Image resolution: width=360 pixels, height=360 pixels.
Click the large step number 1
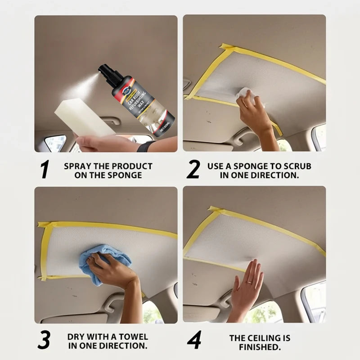pyautogui.click(x=44, y=170)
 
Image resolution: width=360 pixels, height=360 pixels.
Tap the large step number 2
pyautogui.click(x=193, y=170)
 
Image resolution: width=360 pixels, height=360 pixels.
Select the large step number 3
pyautogui.click(x=44, y=341)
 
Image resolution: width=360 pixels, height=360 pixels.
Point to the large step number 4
pyautogui.click(x=194, y=341)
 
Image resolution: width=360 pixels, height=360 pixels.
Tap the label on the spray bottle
pyautogui.click(x=137, y=108)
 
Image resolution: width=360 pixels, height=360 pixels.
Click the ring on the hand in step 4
pyautogui.click(x=248, y=283)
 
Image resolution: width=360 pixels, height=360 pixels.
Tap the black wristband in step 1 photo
pyautogui.click(x=146, y=146)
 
